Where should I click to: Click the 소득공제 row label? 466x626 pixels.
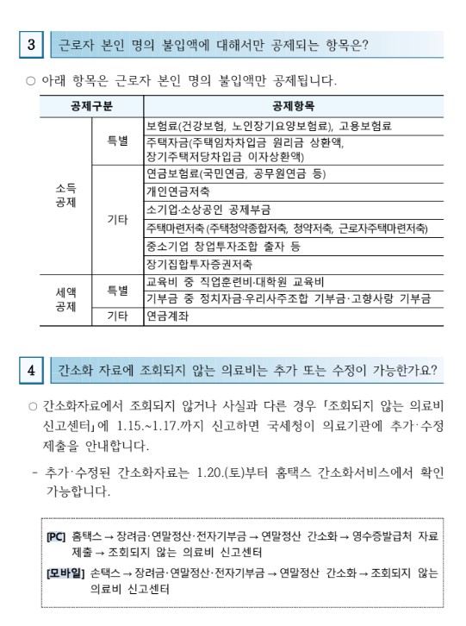pos(65,195)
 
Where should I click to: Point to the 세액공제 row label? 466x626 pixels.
pos(65,298)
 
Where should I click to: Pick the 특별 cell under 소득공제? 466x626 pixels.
pos(117,141)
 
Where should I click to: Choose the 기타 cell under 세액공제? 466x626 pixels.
pos(117,316)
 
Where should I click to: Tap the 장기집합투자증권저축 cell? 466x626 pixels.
pos(199,264)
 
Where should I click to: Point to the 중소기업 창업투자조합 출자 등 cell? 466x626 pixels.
pos(223,246)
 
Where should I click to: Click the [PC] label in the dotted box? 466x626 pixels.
pos(57,536)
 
